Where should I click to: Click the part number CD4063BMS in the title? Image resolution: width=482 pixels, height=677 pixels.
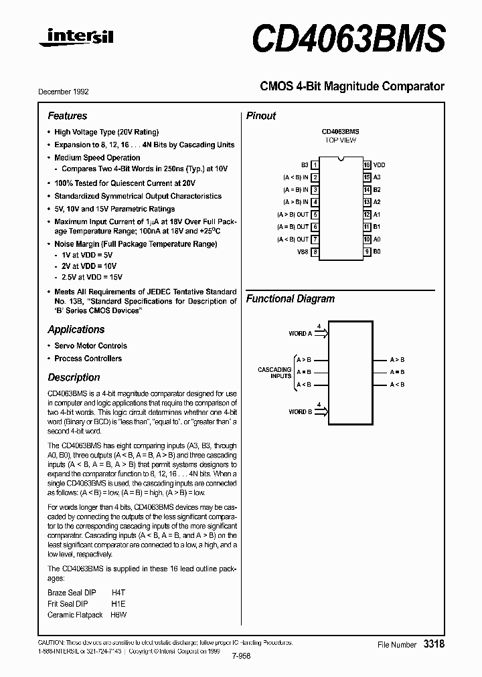(x=348, y=37)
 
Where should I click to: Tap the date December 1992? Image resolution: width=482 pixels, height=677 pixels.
(x=64, y=92)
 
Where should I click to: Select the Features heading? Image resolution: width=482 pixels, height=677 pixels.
(x=67, y=116)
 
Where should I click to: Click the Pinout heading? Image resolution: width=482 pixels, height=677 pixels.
(x=261, y=116)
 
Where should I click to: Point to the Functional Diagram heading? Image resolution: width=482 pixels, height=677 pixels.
(x=290, y=299)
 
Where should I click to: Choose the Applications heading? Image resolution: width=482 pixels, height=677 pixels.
(x=76, y=329)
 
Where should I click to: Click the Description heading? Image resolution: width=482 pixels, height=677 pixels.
(x=74, y=377)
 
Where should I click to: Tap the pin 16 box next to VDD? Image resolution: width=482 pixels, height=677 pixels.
(x=367, y=165)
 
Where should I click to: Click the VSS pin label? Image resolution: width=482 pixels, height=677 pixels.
(x=303, y=252)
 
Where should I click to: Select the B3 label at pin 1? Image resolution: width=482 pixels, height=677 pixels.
(x=305, y=165)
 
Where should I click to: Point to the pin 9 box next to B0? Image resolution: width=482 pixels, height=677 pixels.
(x=367, y=252)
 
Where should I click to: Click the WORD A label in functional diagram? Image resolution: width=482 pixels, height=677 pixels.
(x=300, y=333)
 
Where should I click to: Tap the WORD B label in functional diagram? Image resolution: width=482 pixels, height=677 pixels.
(x=300, y=412)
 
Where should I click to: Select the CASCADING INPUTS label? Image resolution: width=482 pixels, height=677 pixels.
(x=274, y=373)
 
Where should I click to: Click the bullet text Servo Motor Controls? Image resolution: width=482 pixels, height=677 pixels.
(x=90, y=346)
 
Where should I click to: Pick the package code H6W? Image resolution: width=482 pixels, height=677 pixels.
(x=118, y=614)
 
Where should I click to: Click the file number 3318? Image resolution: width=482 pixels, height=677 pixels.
(x=434, y=644)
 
